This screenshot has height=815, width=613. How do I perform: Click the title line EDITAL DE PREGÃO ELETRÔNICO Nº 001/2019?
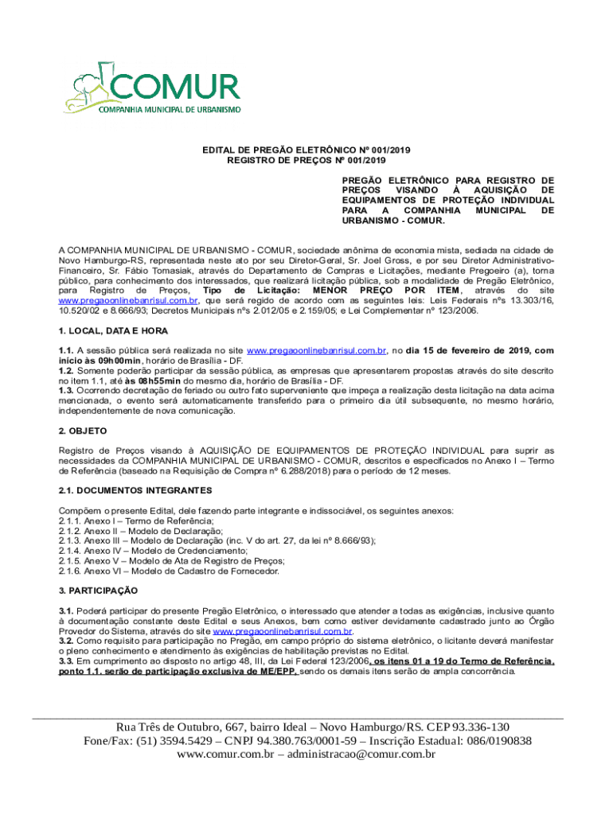pos(306,150)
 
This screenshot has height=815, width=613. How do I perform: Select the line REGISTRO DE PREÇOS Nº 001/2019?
pos(306,160)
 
